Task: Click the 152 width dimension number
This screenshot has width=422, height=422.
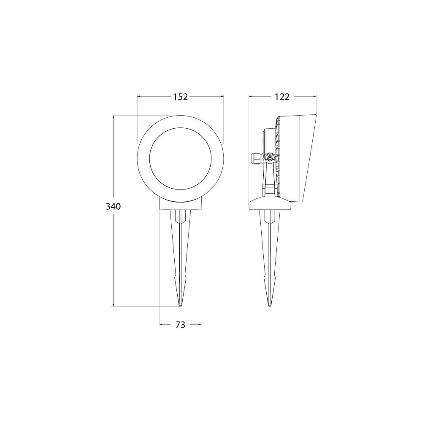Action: coord(180,97)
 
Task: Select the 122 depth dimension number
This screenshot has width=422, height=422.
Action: coord(282,97)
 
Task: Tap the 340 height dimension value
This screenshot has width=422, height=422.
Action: coord(114,207)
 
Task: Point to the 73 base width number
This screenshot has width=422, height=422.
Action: coord(180,325)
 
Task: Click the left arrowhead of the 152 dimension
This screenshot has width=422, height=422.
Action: coord(139,97)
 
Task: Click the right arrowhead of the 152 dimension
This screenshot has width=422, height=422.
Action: coord(222,97)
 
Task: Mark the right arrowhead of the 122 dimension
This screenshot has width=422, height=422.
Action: coord(314,97)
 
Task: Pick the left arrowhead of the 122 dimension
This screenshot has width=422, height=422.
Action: coord(250,97)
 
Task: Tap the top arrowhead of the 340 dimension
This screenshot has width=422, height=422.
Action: coord(114,117)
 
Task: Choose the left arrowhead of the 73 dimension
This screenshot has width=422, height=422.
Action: coord(161,325)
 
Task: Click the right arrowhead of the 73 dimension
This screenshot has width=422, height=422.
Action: coord(200,325)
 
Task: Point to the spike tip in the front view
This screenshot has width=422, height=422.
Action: coord(180,305)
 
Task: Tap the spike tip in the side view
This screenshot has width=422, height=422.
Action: coord(269,305)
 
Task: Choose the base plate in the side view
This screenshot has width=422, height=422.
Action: coord(270,205)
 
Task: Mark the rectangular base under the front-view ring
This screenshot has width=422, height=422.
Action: coord(180,205)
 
